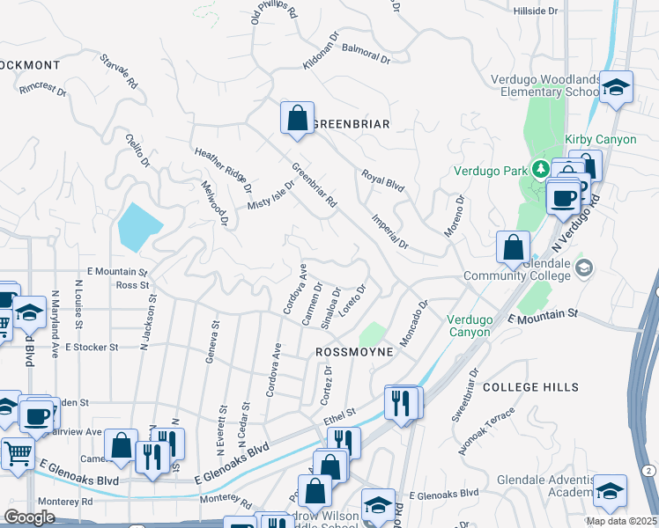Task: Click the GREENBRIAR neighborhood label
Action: (352, 124)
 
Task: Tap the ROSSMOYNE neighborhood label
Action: (352, 351)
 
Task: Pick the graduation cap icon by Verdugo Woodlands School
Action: (617, 86)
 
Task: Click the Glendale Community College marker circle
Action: (582, 267)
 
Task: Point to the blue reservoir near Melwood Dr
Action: (137, 227)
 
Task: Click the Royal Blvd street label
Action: (382, 181)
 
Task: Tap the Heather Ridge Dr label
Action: (224, 171)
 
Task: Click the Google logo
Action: (29, 517)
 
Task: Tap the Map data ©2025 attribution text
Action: (621, 521)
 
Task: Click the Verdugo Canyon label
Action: (468, 326)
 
